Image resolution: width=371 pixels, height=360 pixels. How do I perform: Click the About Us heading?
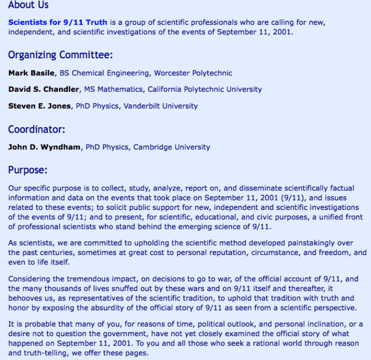point(28,5)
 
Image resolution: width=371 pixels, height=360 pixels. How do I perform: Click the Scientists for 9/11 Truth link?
point(57,22)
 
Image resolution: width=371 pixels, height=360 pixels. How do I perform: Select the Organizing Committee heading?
point(60,55)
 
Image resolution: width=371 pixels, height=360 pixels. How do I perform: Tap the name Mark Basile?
point(31,73)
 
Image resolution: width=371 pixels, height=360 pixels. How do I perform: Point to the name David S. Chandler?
point(41,90)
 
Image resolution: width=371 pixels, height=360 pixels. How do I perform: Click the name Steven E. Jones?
point(39,106)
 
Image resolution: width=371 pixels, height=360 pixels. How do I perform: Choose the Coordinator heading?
point(37,129)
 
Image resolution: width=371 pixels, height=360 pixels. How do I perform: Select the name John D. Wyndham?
point(46,147)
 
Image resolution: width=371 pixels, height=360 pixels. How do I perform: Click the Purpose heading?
point(28,170)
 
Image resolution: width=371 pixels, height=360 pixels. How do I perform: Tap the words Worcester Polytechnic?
point(193,73)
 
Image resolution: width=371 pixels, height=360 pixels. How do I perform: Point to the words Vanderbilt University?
point(161,106)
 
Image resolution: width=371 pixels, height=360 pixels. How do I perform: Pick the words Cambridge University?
point(172,147)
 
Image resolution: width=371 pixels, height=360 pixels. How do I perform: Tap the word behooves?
point(26,298)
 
